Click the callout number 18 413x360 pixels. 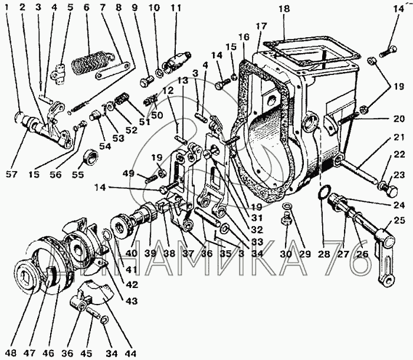click(x=284, y=9)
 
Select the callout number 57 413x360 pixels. click(x=11, y=174)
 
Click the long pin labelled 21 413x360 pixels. click(x=358, y=172)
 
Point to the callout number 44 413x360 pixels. click(x=130, y=353)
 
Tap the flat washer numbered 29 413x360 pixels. click(x=286, y=205)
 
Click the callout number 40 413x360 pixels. click(x=132, y=253)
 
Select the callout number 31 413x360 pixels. click(x=257, y=218)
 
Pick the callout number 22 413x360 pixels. click(x=399, y=155)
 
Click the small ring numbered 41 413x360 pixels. click(x=106, y=234)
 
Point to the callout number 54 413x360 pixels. click(x=105, y=146)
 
